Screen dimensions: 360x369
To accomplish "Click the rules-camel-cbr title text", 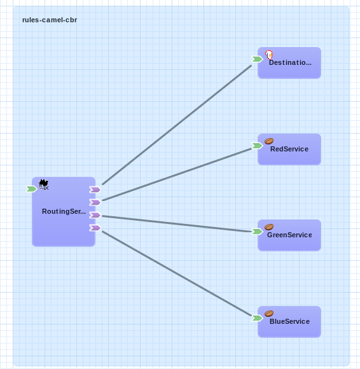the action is point(50,20).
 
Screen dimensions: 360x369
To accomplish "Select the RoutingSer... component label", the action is point(64,212).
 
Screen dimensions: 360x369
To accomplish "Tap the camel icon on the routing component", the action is point(43,184).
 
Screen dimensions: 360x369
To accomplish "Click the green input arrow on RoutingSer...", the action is point(32,189).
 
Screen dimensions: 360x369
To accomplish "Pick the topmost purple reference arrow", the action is point(95,190).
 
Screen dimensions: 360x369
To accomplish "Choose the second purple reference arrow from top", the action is point(95,202).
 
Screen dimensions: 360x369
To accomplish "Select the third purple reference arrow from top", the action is point(95,215).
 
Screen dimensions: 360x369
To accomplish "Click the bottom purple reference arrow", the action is point(95,228).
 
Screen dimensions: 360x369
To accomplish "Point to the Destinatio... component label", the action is point(290,62).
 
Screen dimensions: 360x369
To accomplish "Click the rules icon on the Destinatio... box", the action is point(269,55).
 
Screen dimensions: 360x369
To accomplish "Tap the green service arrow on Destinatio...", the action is point(257,59).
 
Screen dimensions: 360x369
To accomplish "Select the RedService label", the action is point(289,149).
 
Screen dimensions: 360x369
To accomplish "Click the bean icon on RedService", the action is point(269,141).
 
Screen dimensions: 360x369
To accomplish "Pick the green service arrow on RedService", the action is point(257,146).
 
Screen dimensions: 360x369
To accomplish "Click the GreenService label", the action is point(289,235).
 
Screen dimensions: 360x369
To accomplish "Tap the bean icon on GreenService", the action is point(269,227).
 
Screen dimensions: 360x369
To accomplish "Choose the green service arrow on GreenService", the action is point(257,232).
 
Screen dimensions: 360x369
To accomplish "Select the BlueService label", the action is point(289,321).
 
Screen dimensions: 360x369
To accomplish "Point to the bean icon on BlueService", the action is point(269,314).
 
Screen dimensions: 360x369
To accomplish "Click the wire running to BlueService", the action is point(177,274).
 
